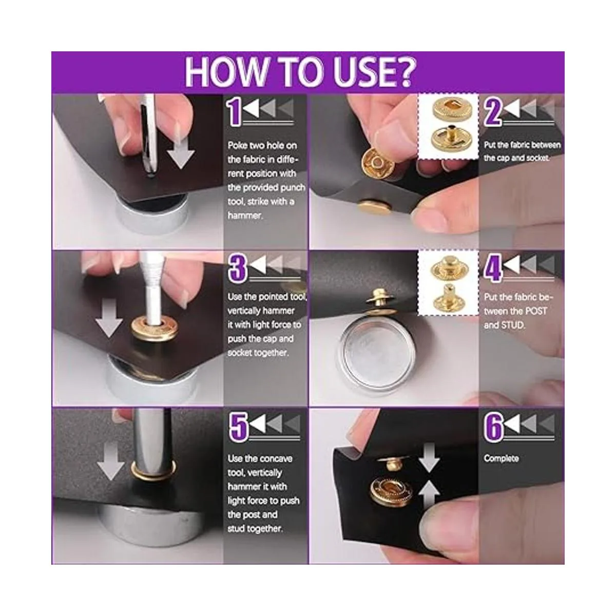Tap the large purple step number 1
click(x=235, y=112)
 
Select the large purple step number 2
click(x=493, y=111)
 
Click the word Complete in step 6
click(x=501, y=458)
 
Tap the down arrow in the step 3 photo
click(x=109, y=318)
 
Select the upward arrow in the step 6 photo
click(x=429, y=499)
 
